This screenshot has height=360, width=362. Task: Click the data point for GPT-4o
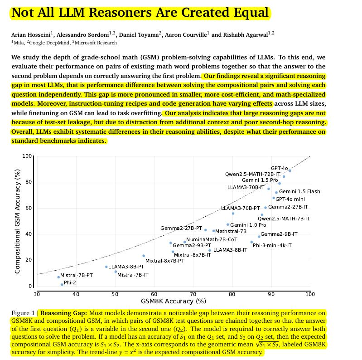coord(290,171)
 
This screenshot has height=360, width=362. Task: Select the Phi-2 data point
coord(62,284)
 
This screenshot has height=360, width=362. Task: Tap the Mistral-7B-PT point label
coord(76,275)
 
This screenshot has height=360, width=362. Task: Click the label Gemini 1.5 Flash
coord(299,191)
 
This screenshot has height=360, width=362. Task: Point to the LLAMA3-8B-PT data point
coord(106,267)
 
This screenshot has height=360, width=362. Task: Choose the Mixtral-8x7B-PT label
coord(164,261)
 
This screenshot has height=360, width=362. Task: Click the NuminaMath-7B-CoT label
coord(212,239)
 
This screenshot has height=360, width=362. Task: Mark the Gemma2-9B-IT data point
coord(259,236)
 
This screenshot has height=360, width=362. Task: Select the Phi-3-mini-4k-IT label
coord(272,245)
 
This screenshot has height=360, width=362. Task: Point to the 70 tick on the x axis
coord(193,294)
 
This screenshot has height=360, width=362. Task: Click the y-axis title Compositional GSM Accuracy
coord(18,221)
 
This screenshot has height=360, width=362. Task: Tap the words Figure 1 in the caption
coord(23,313)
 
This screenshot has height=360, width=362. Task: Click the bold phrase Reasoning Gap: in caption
coord(64,313)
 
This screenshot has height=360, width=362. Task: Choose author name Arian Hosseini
coord(30,34)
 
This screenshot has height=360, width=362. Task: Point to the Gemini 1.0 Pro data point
coord(228,224)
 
